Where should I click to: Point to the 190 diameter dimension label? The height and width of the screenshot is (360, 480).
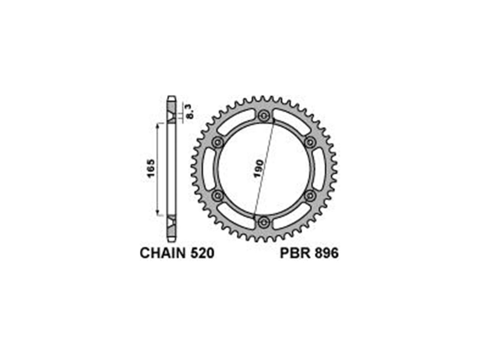pyautogui.click(x=258, y=169)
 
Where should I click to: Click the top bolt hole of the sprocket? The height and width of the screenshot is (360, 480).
pyautogui.click(x=263, y=116)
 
